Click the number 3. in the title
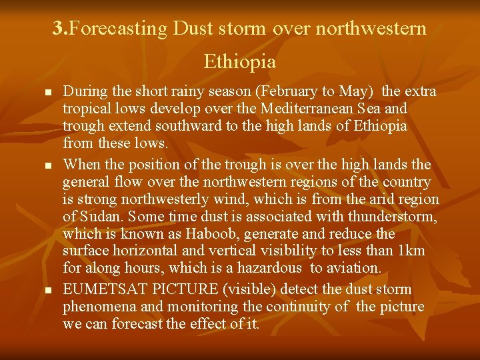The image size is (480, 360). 61,29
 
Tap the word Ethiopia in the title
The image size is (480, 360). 239,62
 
